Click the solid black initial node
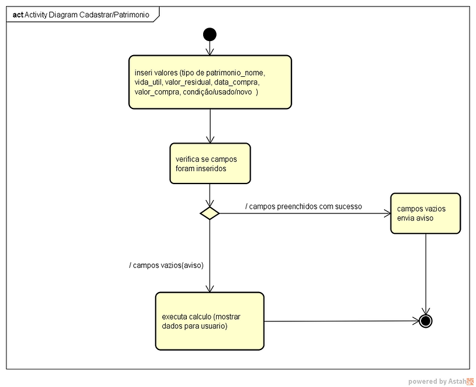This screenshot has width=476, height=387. [210, 35]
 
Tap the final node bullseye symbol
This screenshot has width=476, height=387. [426, 321]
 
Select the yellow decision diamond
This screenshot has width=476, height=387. [210, 213]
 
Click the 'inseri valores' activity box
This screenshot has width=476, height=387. [210, 82]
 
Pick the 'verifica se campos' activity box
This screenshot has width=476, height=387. [210, 164]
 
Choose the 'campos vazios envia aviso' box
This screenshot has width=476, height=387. [426, 213]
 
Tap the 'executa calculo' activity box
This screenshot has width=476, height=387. [210, 321]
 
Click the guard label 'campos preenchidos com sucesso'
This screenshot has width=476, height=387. [303, 207]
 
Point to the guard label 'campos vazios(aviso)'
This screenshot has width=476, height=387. [166, 266]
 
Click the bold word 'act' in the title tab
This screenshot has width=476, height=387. [18, 15]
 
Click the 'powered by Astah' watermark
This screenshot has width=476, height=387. [440, 381]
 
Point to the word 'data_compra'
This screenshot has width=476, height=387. [237, 83]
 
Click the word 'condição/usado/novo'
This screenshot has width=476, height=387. [217, 92]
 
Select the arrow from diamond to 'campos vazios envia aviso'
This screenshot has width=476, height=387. [305, 213]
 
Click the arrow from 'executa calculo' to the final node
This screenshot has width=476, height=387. [341, 321]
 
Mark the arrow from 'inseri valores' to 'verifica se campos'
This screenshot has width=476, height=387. [210, 126]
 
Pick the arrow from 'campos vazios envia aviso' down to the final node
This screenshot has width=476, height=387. [426, 274]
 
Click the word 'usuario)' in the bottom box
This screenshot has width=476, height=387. [216, 326]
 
